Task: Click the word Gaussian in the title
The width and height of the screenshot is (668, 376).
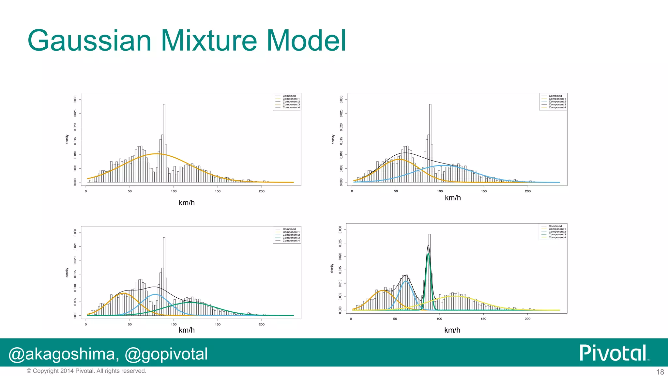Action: (89, 41)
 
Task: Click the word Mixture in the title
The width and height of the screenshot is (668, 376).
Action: (209, 41)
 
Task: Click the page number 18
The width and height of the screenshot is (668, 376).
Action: (660, 372)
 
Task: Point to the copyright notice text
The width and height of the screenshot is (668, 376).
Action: (86, 371)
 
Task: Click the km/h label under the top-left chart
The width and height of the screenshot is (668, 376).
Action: (187, 203)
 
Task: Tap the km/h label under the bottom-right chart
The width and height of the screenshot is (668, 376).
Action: (452, 330)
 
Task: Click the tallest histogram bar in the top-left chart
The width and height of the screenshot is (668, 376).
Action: (164, 144)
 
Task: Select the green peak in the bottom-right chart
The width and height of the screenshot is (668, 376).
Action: (428, 255)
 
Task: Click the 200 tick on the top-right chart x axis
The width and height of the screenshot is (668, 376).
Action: (528, 191)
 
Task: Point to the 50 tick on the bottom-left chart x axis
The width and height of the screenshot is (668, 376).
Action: (130, 324)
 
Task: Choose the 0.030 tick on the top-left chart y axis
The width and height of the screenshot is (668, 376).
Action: (75, 99)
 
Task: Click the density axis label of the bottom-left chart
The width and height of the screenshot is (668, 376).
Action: (67, 273)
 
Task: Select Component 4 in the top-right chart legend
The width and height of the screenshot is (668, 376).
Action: (557, 107)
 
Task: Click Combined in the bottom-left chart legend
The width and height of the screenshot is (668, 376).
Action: (289, 229)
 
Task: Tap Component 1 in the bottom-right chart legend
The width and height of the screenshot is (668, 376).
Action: (557, 229)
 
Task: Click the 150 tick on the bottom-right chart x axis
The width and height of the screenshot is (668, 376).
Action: (483, 319)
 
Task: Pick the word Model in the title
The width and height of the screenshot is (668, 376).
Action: (306, 41)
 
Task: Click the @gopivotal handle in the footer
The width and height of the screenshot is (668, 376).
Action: (166, 354)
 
